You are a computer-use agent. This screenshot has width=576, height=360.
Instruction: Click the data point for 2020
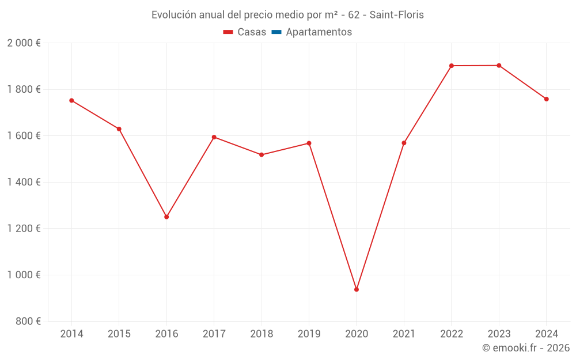click(357, 289)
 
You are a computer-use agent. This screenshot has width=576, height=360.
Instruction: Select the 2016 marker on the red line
click(166, 217)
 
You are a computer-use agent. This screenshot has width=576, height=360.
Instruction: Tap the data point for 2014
click(71, 100)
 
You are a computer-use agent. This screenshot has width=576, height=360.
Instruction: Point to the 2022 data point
click(452, 66)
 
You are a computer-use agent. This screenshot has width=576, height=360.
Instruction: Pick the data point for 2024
click(546, 99)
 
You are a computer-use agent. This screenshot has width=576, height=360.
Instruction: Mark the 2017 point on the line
click(214, 137)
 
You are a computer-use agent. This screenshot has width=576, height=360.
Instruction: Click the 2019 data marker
click(309, 143)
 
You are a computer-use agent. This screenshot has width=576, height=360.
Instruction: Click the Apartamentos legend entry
click(319, 32)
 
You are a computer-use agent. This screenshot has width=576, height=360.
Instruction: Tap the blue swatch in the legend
click(276, 32)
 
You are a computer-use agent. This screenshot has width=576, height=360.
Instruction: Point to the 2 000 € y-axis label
click(24, 43)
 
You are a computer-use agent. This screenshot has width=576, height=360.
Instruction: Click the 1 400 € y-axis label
click(24, 182)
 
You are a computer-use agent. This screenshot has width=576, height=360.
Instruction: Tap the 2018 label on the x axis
click(262, 334)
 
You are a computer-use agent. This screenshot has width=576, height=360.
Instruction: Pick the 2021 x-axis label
click(404, 334)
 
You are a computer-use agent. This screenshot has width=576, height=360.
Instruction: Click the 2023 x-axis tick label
click(499, 334)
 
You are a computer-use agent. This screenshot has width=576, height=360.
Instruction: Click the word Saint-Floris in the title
click(396, 15)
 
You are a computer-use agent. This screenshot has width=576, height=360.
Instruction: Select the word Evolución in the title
click(172, 15)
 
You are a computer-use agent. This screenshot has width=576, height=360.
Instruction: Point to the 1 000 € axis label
click(24, 275)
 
